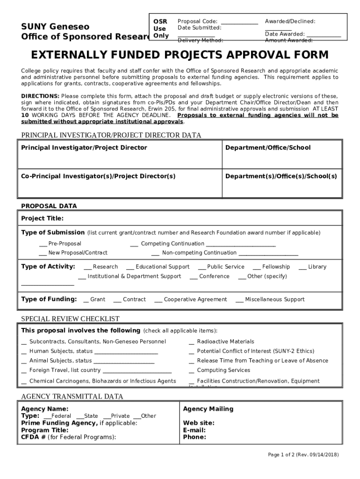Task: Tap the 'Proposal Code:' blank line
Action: [239, 22]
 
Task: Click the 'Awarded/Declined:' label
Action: [290, 22]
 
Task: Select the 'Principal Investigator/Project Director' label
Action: [84, 148]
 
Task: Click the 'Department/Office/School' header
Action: [268, 148]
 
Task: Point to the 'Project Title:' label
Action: [43, 218]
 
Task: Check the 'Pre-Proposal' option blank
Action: [43, 244]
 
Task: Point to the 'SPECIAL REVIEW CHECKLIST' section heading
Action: [70, 319]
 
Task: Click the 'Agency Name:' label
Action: [45, 409]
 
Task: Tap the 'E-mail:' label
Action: [194, 430]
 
